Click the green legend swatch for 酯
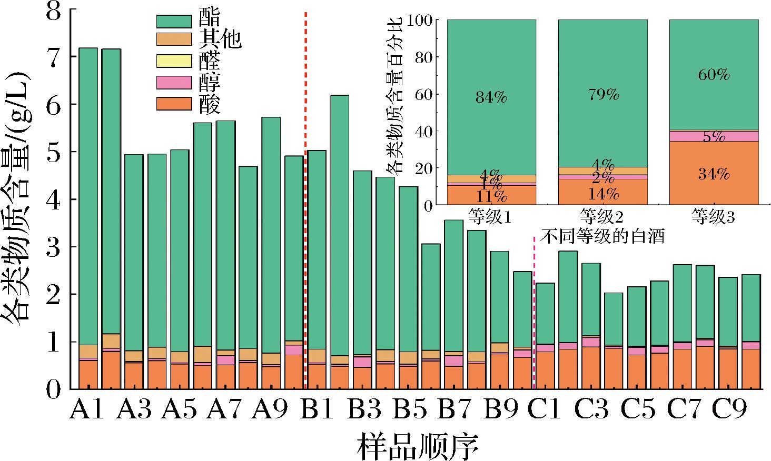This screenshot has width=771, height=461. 173,21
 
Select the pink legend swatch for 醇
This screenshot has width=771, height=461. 173,82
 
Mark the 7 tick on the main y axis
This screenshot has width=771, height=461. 54,56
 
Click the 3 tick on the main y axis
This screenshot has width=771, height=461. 54,247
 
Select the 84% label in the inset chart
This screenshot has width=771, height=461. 491,97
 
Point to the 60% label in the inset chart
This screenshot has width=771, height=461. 714,75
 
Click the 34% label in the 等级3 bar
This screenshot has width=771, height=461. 714,174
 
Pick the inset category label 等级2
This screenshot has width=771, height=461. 602,217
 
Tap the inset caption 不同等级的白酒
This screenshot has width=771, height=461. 602,237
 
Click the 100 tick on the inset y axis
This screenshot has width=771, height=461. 422,20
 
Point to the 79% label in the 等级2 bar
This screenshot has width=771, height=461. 603,95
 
